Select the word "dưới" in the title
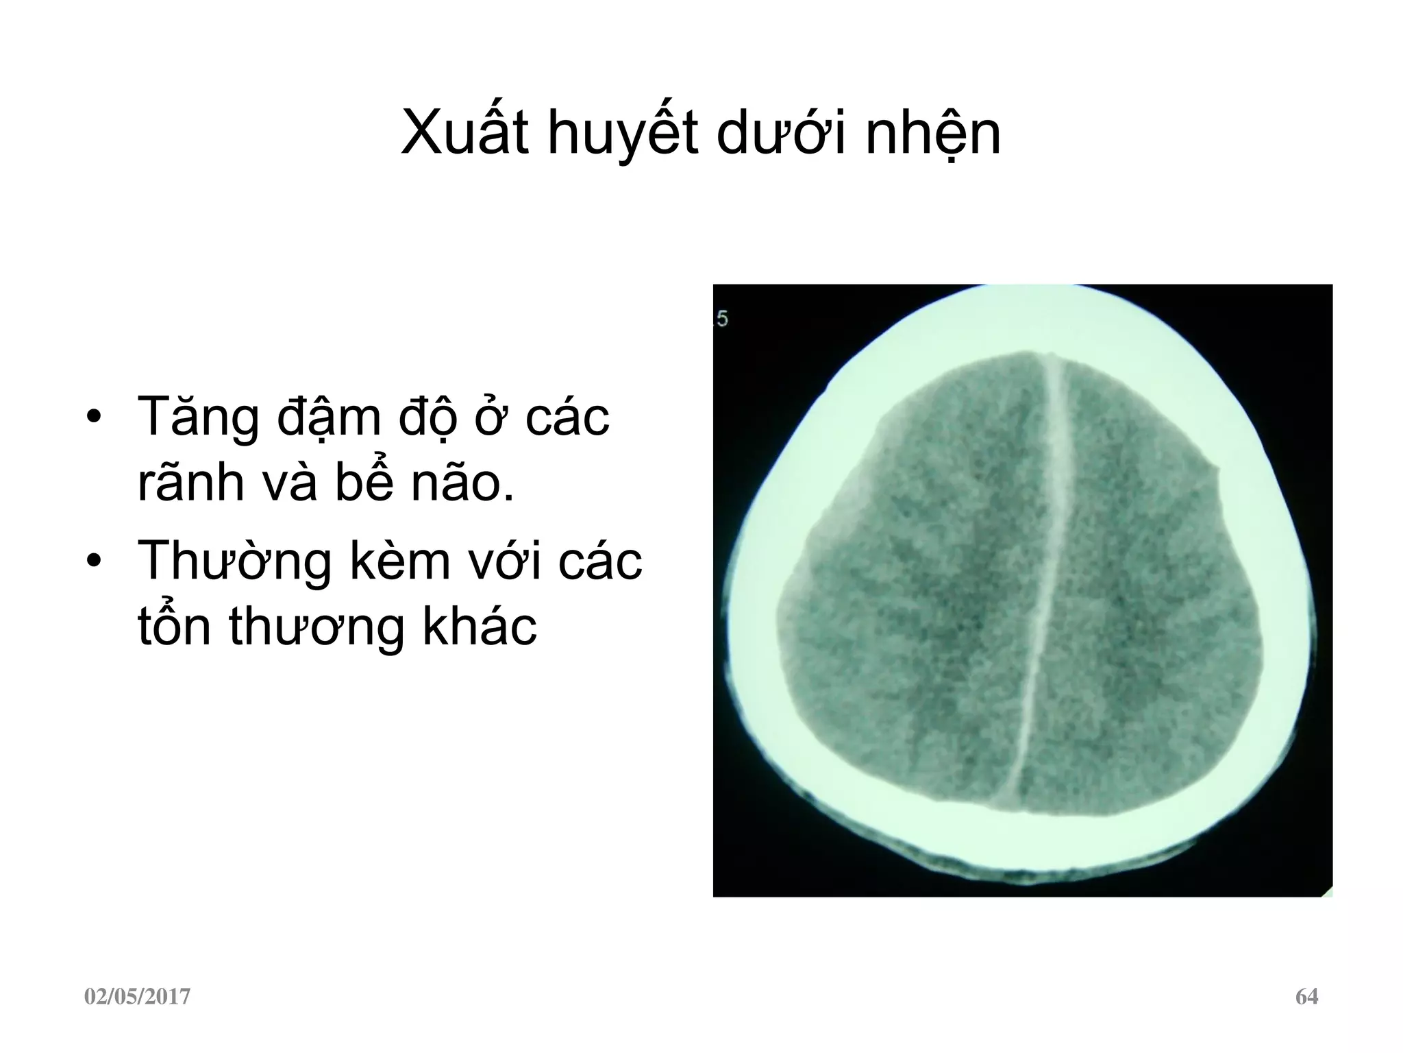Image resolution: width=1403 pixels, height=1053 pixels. pos(780,134)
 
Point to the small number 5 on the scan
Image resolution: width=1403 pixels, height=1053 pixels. pos(722,318)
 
